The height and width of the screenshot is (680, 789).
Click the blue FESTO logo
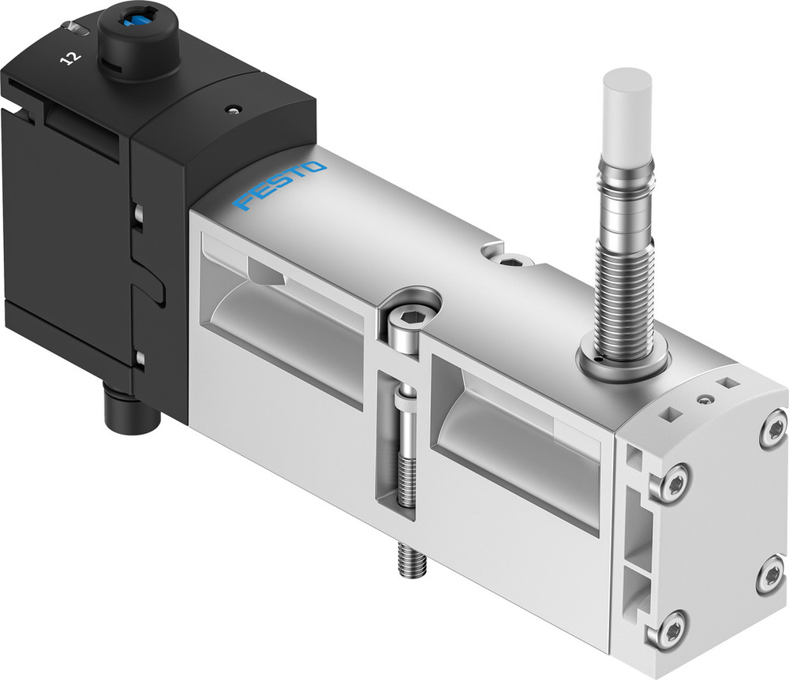[280, 186]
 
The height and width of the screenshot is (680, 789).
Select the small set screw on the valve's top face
[510, 260]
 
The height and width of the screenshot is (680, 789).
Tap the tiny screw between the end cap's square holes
[702, 400]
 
